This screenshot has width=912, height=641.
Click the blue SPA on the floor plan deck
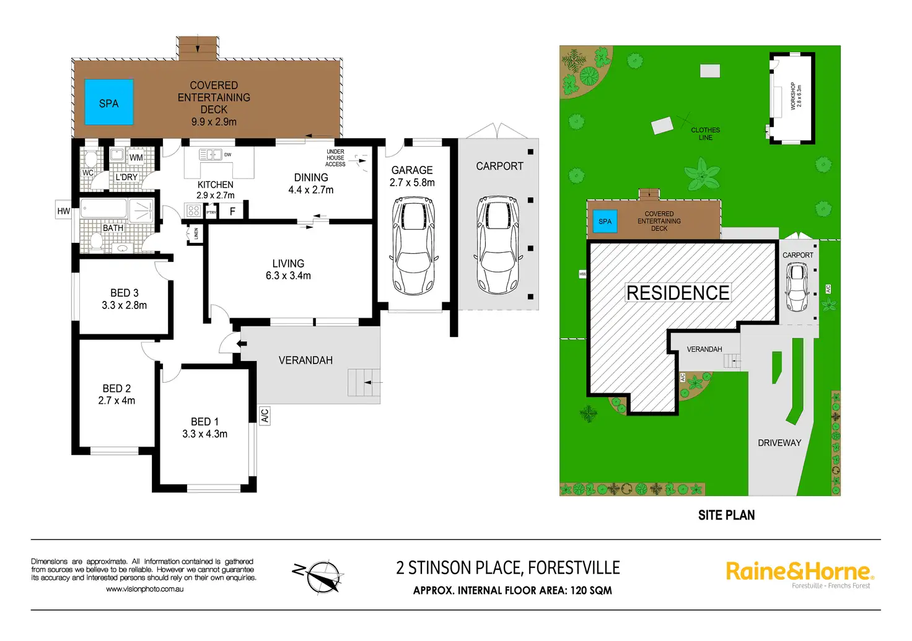coord(108,102)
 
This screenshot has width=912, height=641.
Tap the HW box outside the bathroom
coord(64,211)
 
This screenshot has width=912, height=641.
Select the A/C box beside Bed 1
coord(265,416)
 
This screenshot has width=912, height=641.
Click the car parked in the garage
coord(414,246)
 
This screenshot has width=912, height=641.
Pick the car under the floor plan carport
coord(497,245)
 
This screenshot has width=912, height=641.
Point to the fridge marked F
coord(232,211)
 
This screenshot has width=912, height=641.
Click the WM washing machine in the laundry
coord(136,157)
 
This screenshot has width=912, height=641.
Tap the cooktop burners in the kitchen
coord(193,211)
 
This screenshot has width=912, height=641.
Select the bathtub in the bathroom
coord(103,209)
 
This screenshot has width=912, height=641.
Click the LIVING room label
coord(288,263)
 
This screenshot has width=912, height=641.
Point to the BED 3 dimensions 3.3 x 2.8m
coord(124,305)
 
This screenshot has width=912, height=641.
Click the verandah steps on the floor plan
coord(364,383)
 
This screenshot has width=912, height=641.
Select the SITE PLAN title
coord(726,515)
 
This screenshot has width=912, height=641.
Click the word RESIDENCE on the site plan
coord(678,292)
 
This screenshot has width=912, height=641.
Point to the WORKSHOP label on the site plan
coord(792,96)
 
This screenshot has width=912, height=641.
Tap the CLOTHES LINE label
coord(705,134)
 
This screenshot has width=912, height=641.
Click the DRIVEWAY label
coord(779,443)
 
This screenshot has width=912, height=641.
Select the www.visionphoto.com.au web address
coord(144,589)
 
